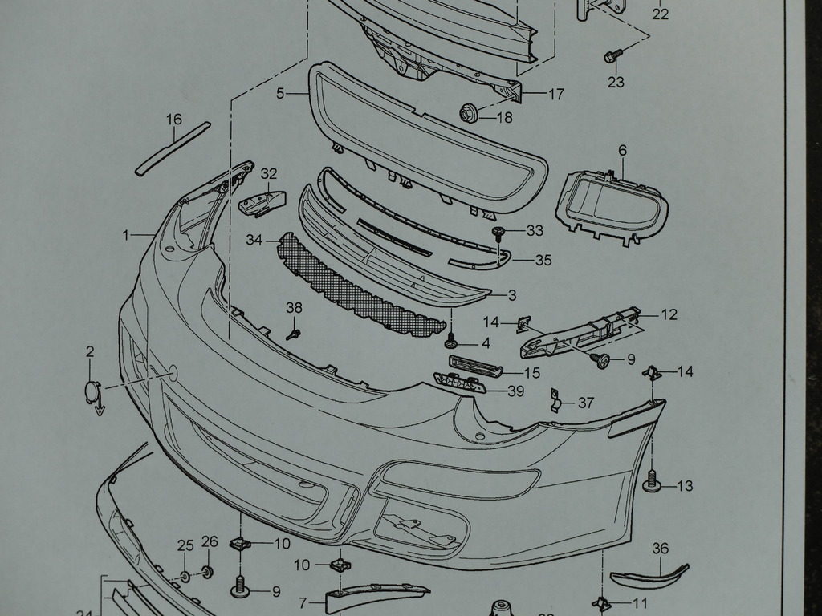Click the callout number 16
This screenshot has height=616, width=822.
(174, 120)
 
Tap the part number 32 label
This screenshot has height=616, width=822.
(269, 173)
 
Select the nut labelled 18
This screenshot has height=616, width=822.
(469, 114)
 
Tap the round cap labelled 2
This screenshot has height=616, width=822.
(92, 392)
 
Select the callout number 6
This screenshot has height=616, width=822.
(622, 150)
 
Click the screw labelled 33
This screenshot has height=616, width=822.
(499, 233)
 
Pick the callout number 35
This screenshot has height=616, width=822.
(543, 260)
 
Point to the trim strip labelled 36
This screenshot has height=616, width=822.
(649, 575)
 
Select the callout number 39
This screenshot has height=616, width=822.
(515, 391)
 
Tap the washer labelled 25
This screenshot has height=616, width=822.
(185, 576)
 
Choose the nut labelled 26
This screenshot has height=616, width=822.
(207, 572)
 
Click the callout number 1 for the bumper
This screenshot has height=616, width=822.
(126, 235)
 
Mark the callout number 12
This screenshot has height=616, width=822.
(669, 314)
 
